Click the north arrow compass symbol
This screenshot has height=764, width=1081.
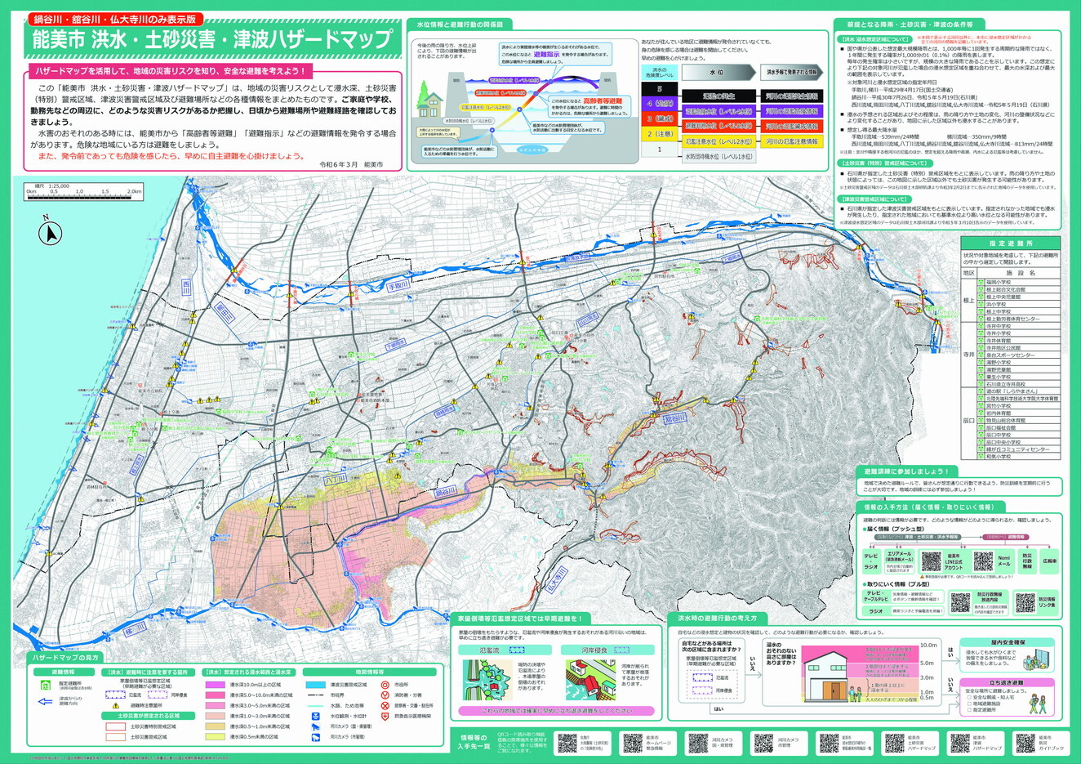51,234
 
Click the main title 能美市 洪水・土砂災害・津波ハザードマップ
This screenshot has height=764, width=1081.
211,39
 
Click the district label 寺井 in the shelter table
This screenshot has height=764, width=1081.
968,355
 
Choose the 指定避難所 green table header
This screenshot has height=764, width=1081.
1011,243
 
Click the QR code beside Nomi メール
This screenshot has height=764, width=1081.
984,561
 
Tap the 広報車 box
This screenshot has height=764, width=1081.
1048,561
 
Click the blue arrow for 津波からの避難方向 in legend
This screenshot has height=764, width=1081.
46,700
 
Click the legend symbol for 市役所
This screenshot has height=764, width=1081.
385,684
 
